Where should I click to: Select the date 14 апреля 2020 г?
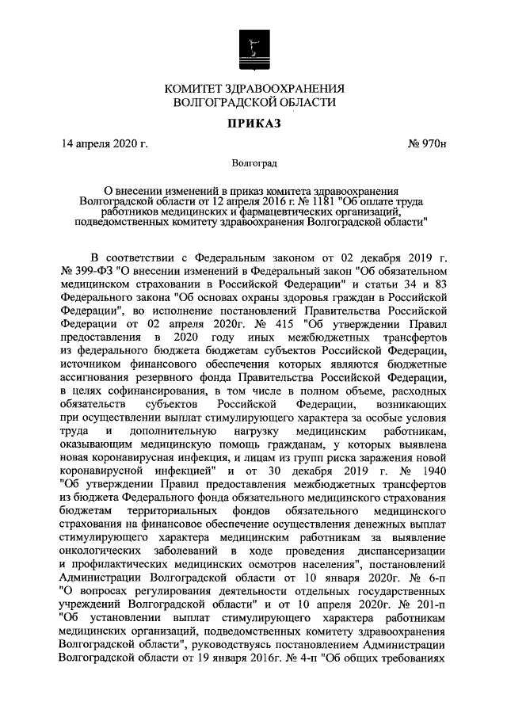tap(105, 143)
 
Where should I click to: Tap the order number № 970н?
tap(427, 143)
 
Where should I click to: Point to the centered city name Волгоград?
tap(253, 164)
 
